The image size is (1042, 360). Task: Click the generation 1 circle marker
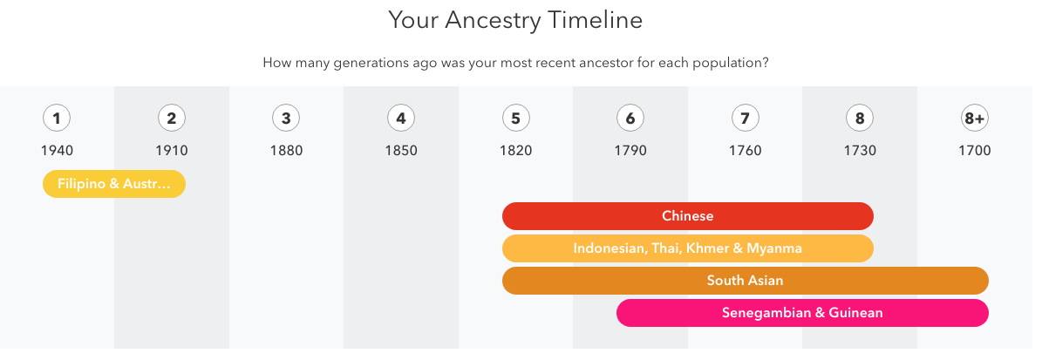pyautogui.click(x=57, y=119)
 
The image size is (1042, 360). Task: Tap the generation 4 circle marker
pyautogui.click(x=401, y=119)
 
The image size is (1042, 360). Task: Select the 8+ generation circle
pyautogui.click(x=974, y=119)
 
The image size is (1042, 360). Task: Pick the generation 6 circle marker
pyautogui.click(x=630, y=119)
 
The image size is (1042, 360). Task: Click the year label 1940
pyautogui.click(x=58, y=151)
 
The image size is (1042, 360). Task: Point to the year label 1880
pyautogui.click(x=286, y=151)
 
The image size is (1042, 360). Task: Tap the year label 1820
pyautogui.click(x=515, y=151)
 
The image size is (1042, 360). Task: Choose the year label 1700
pyautogui.click(x=974, y=151)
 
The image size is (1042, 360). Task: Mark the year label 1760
pyautogui.click(x=745, y=151)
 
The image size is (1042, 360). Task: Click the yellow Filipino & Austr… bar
pyautogui.click(x=114, y=184)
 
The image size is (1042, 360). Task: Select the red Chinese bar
pyautogui.click(x=688, y=216)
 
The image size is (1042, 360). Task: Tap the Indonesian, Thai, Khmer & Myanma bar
pyautogui.click(x=688, y=248)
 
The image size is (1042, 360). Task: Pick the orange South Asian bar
pyautogui.click(x=745, y=281)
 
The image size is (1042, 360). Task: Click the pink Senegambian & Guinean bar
pyautogui.click(x=803, y=313)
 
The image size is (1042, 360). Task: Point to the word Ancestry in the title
pyautogui.click(x=493, y=21)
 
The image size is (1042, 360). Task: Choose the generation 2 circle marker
pyautogui.click(x=172, y=119)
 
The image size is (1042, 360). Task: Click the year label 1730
pyautogui.click(x=860, y=151)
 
